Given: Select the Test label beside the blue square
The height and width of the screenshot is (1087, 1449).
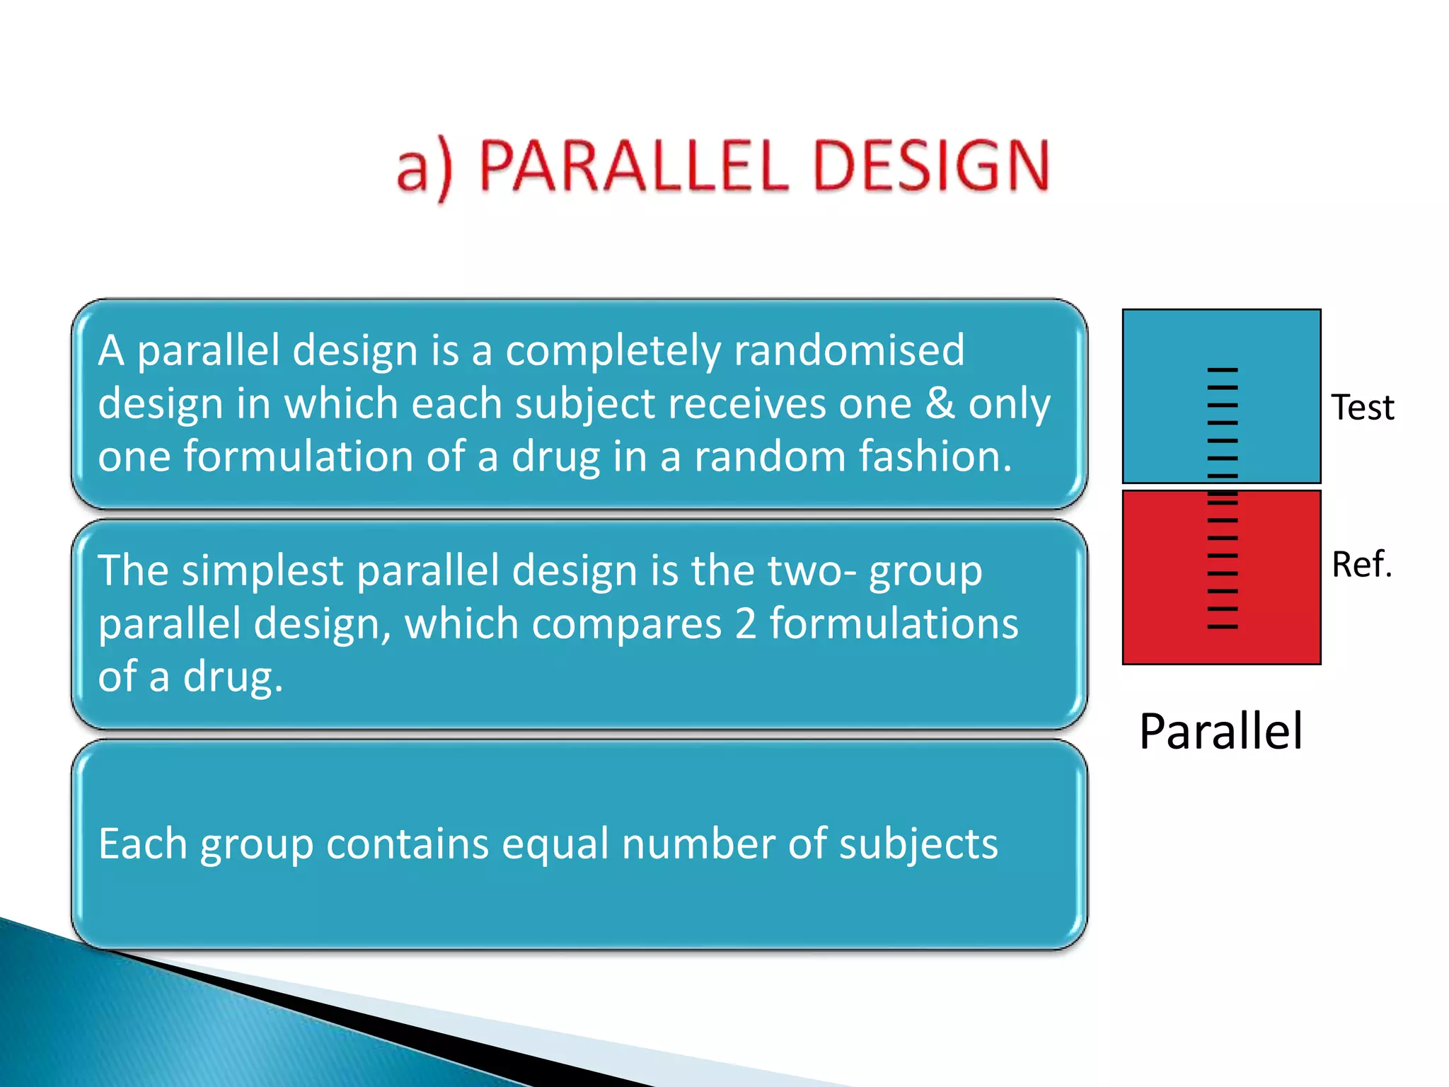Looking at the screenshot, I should point(1362,408).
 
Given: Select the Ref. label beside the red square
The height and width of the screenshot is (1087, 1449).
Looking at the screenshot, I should point(1361,564).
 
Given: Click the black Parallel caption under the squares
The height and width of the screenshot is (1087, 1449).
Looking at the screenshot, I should point(1220,731).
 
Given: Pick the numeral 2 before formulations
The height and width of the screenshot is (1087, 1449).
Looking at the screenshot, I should point(745,624).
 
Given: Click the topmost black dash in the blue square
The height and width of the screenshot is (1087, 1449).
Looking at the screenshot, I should point(1222,369).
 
